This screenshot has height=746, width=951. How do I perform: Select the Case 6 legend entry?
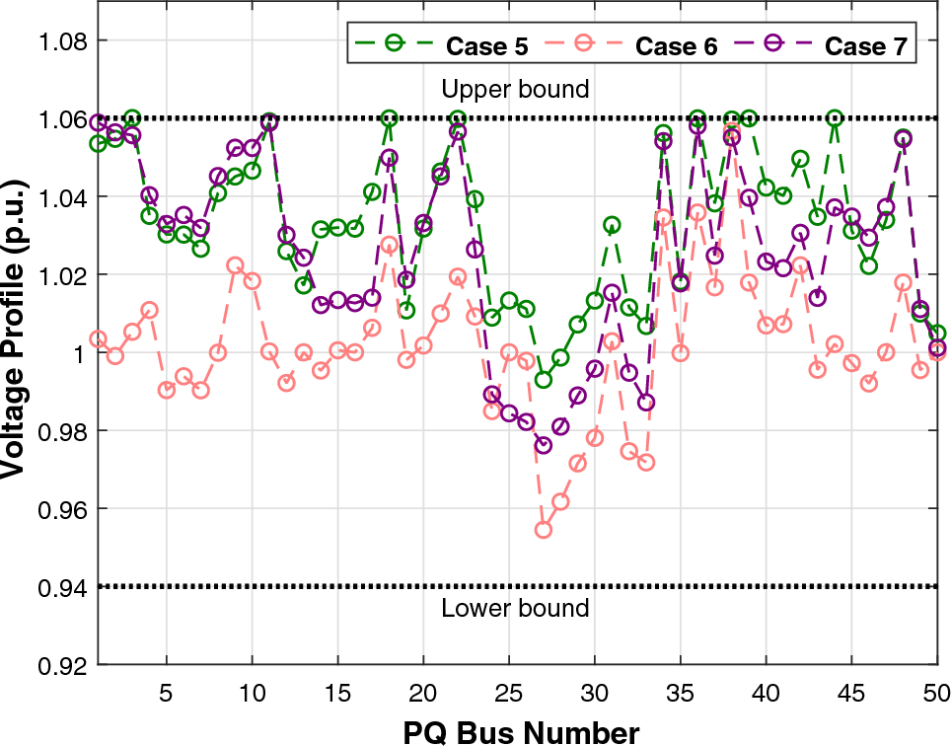pyautogui.click(x=632, y=45)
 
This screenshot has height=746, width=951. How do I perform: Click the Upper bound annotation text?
pyautogui.click(x=515, y=89)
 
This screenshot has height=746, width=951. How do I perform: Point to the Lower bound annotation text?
pyautogui.click(x=515, y=608)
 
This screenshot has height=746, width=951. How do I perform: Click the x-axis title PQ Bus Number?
pyautogui.click(x=520, y=731)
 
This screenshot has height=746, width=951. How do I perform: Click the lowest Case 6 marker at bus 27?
pyautogui.click(x=543, y=530)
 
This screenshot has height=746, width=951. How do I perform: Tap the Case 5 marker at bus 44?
pyautogui.click(x=835, y=118)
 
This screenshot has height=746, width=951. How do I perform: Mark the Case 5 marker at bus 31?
pyautogui.click(x=612, y=226)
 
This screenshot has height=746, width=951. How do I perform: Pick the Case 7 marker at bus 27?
pyautogui.click(x=543, y=446)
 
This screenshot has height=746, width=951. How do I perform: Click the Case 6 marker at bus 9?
pyautogui.click(x=235, y=265)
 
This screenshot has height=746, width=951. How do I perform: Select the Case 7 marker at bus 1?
pyautogui.click(x=98, y=122)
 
